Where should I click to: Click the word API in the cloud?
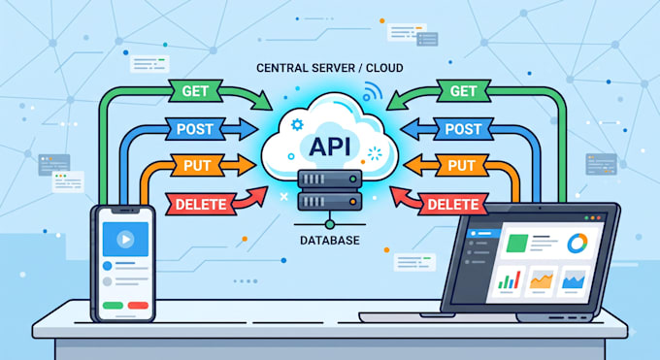(330, 147)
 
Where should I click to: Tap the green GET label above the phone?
(195, 91)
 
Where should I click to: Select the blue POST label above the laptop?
(463, 129)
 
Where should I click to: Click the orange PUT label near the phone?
(197, 165)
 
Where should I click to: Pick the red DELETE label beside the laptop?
(453, 204)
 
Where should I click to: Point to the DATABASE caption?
(330, 241)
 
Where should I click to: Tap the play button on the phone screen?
(125, 240)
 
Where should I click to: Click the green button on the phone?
(113, 306)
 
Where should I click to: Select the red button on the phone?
(138, 306)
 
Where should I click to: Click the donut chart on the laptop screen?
(577, 243)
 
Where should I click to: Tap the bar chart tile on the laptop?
(509, 280)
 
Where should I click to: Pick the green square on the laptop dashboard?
(517, 244)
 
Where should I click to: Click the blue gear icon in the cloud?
(297, 124)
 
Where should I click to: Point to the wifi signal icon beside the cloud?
(371, 92)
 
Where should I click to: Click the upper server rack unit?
(330, 180)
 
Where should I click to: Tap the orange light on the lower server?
(352, 202)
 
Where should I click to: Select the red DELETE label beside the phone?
(201, 204)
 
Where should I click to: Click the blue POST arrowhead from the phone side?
(248, 129)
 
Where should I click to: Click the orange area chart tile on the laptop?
(541, 280)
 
